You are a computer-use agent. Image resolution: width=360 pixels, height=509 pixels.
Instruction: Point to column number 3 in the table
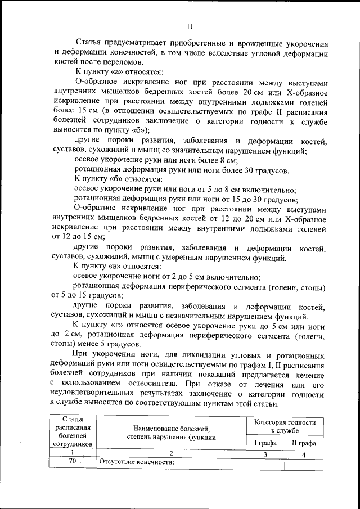tap(265, 453)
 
